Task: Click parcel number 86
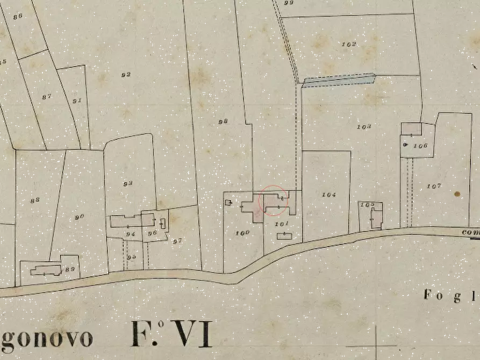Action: (18, 16)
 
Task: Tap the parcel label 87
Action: (47, 96)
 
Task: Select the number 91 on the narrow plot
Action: (77, 100)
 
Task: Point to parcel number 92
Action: (126, 75)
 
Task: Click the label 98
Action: (223, 121)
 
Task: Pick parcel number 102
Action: (349, 44)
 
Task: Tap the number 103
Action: (364, 127)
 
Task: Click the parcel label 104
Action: (328, 195)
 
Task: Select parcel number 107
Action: (434, 186)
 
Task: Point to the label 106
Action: (421, 146)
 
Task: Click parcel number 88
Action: (35, 200)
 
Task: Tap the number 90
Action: (80, 217)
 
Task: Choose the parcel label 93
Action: (127, 184)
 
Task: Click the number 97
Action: (177, 241)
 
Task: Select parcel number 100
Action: (242, 233)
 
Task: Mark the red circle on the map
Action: (274, 201)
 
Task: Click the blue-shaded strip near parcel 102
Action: (339, 80)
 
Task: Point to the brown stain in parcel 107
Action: (457, 194)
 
